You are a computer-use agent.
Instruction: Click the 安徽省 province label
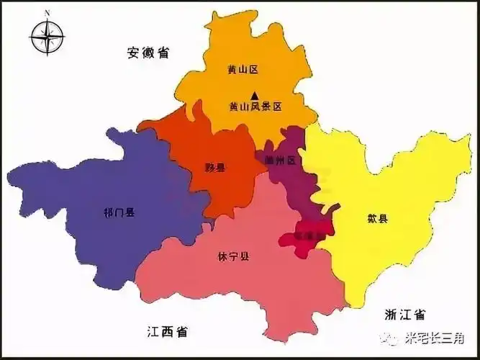(148, 53)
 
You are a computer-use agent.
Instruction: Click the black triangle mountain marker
(254, 94)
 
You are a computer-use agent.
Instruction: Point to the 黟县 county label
(214, 167)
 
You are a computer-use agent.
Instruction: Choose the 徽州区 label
(281, 161)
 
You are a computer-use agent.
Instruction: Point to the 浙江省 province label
(404, 314)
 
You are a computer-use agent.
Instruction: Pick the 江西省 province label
(166, 332)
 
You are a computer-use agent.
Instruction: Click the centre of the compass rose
(47, 35)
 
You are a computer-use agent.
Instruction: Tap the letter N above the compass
(47, 13)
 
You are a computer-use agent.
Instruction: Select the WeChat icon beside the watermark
(392, 337)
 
